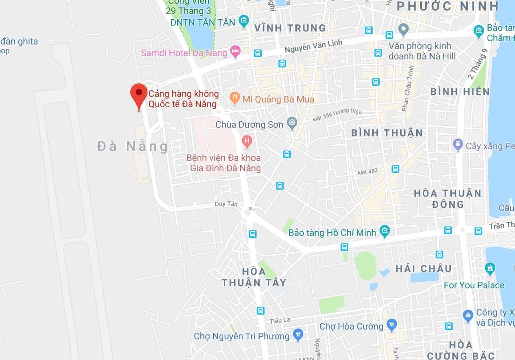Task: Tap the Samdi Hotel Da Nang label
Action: tap(184, 52)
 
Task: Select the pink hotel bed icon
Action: tap(235, 51)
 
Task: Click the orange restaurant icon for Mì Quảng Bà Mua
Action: tap(235, 98)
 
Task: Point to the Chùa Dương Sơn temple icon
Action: tap(293, 123)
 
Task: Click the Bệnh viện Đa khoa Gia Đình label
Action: tap(224, 163)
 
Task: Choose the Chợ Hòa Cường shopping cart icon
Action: tap(392, 325)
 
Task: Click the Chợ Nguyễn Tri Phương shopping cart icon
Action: tap(297, 334)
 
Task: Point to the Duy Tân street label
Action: tap(226, 204)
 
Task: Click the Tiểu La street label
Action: tap(280, 320)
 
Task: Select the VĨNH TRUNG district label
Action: tap(290, 28)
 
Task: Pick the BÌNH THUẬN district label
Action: tap(387, 133)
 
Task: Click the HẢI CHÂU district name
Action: tap(424, 268)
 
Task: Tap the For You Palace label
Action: tap(474, 285)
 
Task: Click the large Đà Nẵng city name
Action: tap(132, 147)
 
